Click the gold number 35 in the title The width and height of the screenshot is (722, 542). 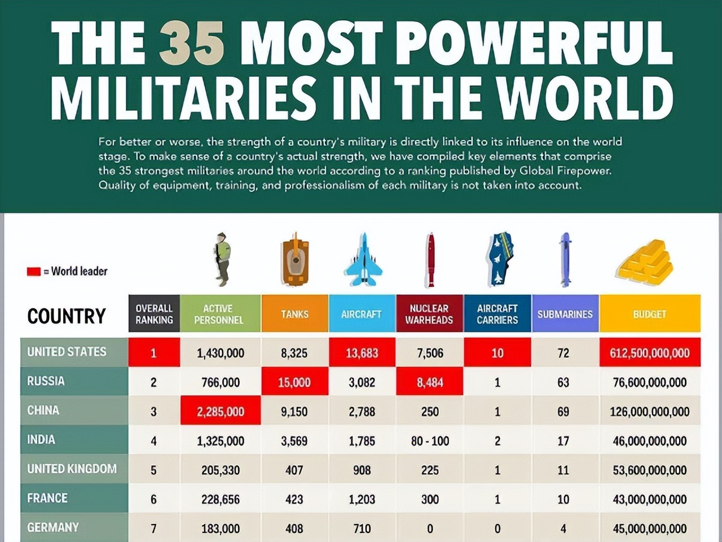[x=192, y=44]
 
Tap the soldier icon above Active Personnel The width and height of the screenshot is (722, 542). [x=223, y=259]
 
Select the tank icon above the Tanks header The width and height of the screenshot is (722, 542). [x=294, y=260]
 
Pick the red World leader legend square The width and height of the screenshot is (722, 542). [x=33, y=272]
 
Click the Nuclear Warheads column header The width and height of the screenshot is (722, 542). [x=429, y=314]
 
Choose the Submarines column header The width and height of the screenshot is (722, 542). [x=565, y=314]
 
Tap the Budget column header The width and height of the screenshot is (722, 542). [x=649, y=314]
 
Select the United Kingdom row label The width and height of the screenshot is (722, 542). [x=72, y=469]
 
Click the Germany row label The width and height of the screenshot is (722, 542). [x=53, y=527]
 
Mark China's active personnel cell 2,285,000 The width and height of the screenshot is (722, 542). [x=221, y=411]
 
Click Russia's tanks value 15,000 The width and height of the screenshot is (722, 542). [x=294, y=382]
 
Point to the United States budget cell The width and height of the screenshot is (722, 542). [x=649, y=353]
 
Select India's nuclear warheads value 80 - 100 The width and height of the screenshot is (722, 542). [x=430, y=441]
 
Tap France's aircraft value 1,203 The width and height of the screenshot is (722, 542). [x=362, y=499]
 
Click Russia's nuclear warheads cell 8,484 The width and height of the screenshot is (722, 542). [x=430, y=382]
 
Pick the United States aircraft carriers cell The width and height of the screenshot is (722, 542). [x=497, y=353]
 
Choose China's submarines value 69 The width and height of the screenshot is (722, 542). [x=563, y=412]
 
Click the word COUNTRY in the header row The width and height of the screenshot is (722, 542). [x=67, y=316]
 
